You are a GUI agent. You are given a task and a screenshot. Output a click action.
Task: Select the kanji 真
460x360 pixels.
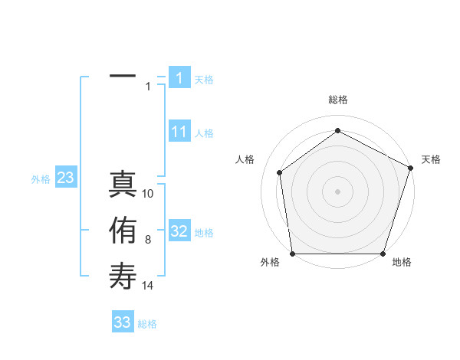123,185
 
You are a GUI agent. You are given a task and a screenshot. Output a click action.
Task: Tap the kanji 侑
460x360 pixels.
123,230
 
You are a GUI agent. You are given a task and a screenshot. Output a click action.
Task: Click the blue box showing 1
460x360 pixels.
179,78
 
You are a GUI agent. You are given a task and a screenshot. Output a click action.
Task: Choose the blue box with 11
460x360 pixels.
179,132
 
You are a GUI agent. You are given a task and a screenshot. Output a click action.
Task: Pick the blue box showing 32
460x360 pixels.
179,231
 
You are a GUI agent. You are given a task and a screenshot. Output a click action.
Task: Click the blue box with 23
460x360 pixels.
65,178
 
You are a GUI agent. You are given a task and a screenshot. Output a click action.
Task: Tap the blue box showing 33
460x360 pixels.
123,322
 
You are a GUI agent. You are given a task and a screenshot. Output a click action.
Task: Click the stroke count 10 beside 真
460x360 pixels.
148,194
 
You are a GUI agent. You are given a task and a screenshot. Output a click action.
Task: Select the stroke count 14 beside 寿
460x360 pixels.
148,286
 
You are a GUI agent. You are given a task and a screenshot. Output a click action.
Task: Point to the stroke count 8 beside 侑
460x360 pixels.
148,240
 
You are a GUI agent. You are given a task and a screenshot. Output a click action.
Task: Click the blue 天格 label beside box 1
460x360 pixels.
204,79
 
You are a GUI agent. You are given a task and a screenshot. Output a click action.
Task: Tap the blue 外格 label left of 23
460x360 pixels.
41,179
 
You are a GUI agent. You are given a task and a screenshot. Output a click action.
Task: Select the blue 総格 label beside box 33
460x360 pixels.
147,323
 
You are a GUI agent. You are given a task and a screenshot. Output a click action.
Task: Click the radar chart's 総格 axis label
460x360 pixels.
337,100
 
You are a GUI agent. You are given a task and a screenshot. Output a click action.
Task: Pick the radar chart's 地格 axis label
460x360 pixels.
402,262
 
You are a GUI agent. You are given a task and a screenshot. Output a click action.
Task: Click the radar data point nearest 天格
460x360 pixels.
410,168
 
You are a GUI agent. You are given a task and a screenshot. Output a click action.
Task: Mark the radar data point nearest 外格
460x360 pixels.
292,253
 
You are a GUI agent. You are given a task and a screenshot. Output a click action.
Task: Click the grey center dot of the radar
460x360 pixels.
337,191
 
